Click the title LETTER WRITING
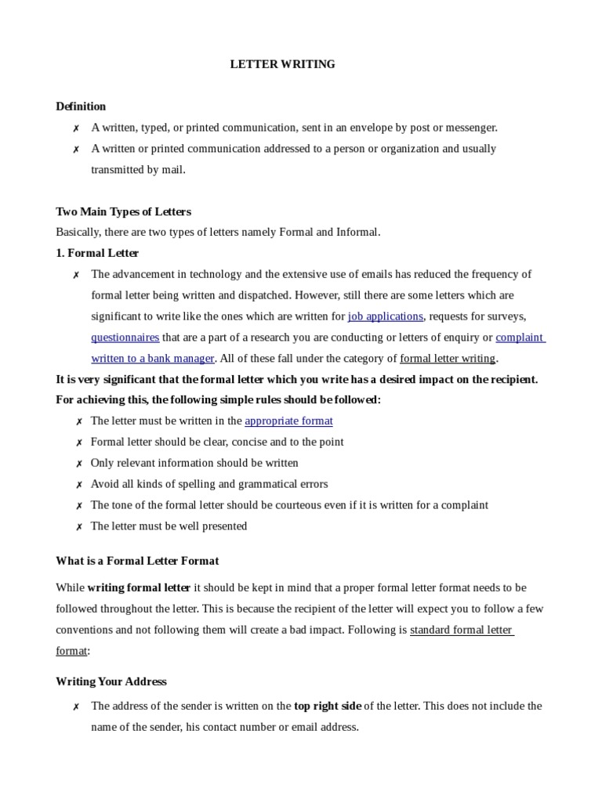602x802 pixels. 282,64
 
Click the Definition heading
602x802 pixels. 81,106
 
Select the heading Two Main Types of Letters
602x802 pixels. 123,211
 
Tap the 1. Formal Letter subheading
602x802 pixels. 97,253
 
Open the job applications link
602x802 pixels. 385,316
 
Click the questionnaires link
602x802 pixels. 125,338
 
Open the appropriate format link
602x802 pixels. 288,421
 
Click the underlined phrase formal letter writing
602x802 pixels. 448,359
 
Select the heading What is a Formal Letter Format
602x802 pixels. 137,561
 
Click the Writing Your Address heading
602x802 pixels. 111,681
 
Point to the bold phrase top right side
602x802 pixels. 328,706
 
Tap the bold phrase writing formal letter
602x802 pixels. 139,587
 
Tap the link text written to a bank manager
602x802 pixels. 153,359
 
